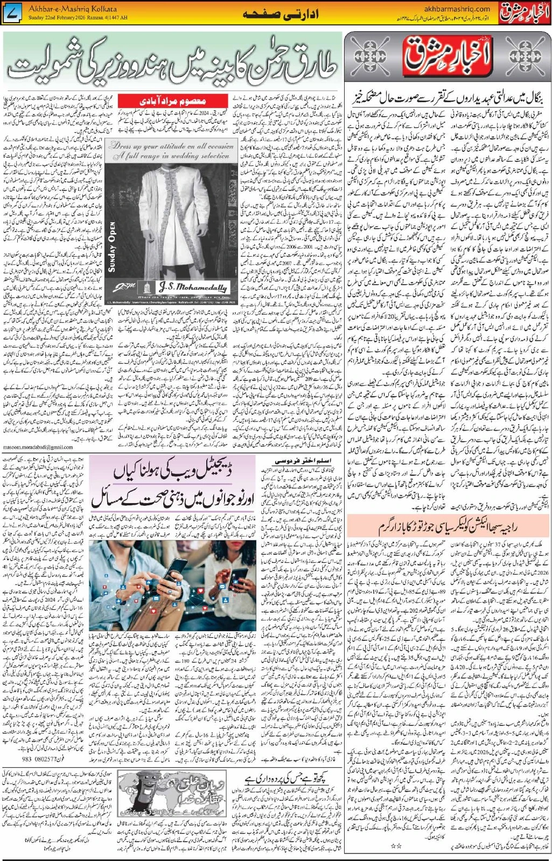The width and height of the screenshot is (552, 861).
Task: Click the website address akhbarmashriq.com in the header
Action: (457, 9)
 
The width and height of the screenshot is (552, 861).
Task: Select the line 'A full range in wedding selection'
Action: (172, 156)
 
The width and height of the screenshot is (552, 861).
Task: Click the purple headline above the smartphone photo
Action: (172, 484)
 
